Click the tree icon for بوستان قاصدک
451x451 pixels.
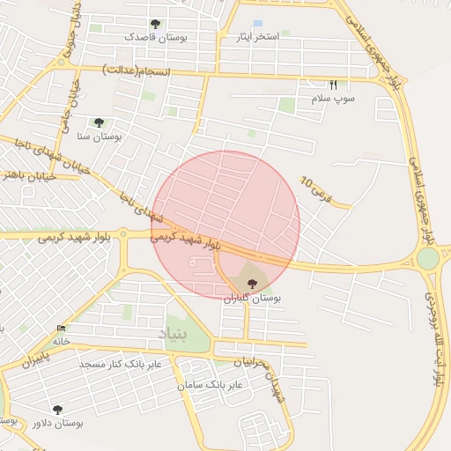(x=156, y=24)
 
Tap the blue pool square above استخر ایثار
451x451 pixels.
(x=257, y=24)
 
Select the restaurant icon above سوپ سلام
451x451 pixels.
(x=333, y=85)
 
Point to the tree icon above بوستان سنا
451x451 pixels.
(x=98, y=122)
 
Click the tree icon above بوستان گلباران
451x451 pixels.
(x=253, y=284)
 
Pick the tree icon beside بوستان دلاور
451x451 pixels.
(x=58, y=410)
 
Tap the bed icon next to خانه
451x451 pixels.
(x=61, y=329)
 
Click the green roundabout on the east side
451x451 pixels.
(x=427, y=258)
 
